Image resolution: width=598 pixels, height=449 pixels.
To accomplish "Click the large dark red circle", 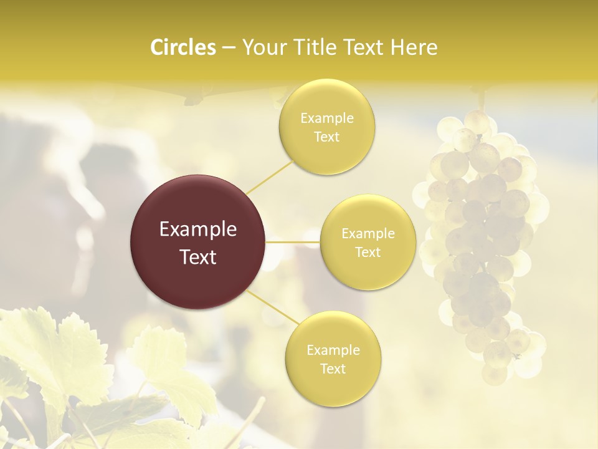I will coord(198,242).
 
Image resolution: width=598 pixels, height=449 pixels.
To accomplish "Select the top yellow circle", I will coord(327,127).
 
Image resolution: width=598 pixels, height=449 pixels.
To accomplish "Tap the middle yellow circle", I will coord(368,243).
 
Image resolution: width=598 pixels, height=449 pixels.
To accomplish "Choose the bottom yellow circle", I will coord(333,359).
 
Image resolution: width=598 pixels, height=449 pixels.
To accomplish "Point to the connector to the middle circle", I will coord(293,242).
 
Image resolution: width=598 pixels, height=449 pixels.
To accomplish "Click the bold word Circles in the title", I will coord(183,47).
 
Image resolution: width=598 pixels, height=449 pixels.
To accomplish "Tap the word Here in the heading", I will coord(414,47).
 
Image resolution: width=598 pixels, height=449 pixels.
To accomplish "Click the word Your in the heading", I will coord(262,47).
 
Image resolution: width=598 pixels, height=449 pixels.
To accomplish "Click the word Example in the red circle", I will coord(198,229).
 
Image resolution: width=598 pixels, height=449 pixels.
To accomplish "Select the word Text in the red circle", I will coord(198,257).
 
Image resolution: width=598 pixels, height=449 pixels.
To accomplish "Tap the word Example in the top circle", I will coord(327,118).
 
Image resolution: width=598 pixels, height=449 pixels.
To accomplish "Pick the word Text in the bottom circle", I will coord(333,369).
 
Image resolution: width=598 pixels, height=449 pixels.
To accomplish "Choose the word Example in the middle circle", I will coord(368,234).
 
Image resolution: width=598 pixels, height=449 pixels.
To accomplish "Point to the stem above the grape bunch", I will coord(480,100).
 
